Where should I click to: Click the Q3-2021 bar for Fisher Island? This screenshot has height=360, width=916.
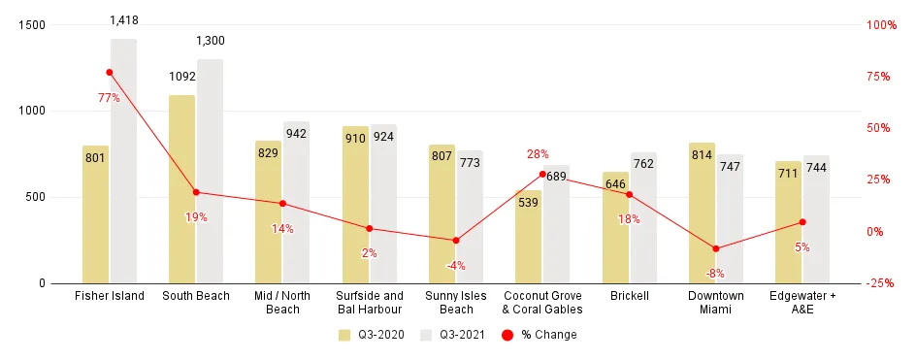(123, 161)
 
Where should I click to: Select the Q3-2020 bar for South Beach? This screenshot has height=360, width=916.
(181, 189)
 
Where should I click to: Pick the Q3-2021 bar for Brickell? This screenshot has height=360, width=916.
(642, 217)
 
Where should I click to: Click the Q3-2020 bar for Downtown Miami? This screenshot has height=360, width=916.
(702, 213)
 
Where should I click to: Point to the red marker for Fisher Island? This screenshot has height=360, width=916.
(110, 73)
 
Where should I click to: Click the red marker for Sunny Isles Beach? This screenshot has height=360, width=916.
(456, 240)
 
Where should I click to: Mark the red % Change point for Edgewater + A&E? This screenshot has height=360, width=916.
(802, 222)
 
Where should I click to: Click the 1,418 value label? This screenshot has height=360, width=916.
(123, 19)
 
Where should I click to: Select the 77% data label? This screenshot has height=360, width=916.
(109, 98)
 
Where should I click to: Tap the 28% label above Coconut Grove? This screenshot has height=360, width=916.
(538, 153)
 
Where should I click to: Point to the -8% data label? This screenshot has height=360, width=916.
(715, 274)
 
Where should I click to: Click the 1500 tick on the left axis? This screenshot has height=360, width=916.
(32, 25)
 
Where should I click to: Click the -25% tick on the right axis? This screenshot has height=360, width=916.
(880, 283)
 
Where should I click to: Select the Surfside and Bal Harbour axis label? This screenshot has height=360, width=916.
(369, 303)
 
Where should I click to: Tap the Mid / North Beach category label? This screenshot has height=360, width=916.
(282, 303)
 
